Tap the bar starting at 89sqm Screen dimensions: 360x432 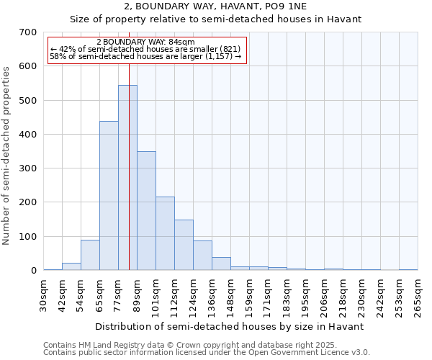(146, 211)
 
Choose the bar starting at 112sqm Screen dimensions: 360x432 (184, 245)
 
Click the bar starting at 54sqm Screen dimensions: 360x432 (90, 255)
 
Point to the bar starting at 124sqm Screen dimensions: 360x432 (202, 256)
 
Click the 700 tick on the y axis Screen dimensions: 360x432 (28, 32)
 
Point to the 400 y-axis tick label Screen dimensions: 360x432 (28, 135)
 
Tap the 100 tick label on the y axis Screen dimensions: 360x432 (28, 237)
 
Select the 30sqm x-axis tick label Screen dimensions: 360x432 (44, 296)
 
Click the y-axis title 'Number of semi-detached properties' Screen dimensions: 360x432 (7, 156)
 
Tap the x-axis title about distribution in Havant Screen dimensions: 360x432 (229, 326)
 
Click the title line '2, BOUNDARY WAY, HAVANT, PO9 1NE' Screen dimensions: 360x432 (215, 6)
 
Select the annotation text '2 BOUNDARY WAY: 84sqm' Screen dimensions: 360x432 (145, 42)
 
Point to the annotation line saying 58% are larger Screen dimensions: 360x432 (145, 57)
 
